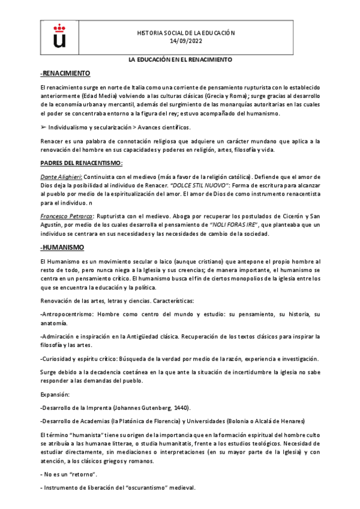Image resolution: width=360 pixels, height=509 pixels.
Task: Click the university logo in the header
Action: [59, 35]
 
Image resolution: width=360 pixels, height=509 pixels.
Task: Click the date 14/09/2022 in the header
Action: [186, 41]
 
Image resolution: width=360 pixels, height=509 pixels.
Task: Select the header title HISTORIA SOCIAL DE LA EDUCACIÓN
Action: [186, 32]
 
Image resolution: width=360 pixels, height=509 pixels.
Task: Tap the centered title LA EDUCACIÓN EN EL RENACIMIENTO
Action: [180, 60]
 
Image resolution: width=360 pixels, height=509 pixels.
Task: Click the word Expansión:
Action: [55, 394]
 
